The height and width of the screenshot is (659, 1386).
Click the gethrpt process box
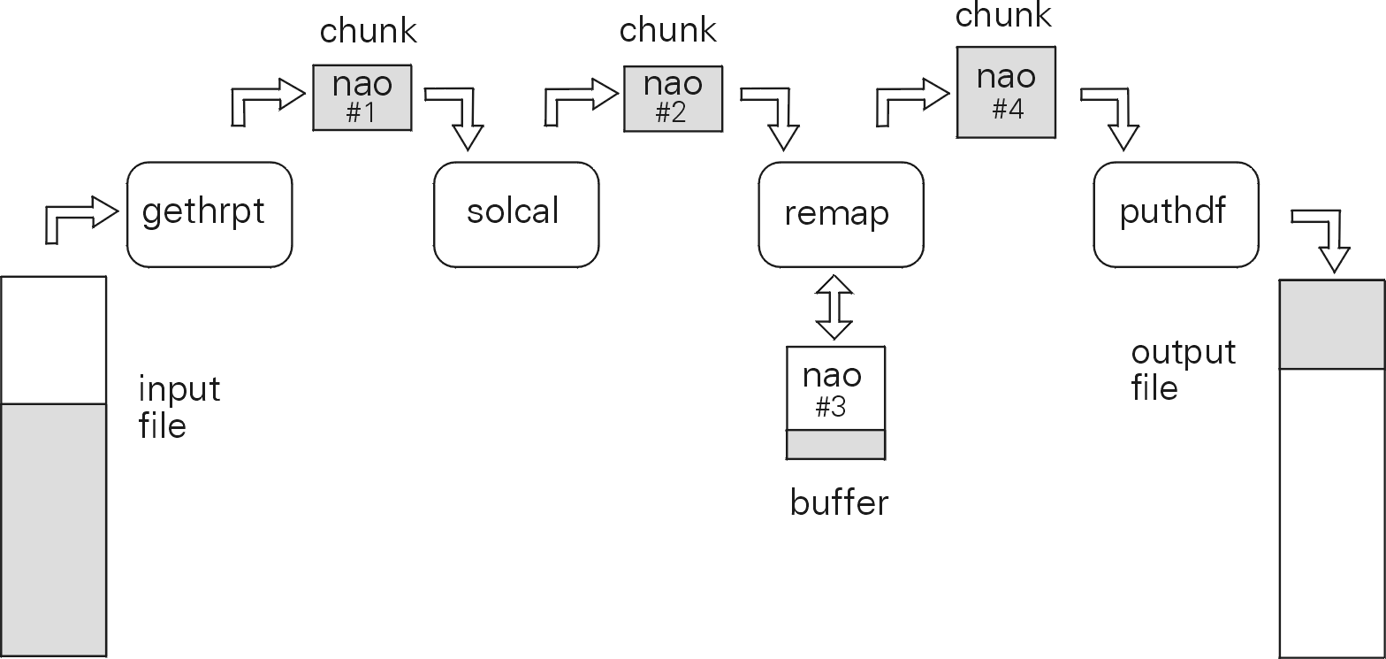tap(209, 214)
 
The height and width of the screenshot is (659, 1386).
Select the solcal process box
tap(516, 214)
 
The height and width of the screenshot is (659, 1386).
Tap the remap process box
tap(841, 214)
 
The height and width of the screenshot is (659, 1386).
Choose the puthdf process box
tap(1176, 214)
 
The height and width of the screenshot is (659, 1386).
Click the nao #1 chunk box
tap(362, 97)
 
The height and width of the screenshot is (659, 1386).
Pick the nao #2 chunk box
tap(673, 98)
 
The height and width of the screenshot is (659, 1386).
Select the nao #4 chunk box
tap(1006, 92)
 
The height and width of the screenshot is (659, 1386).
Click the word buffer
tap(839, 503)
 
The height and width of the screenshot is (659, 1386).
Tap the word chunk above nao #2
tap(667, 30)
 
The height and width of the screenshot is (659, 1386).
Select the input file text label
tap(179, 408)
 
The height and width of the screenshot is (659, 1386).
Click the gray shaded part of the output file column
tap(1332, 325)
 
